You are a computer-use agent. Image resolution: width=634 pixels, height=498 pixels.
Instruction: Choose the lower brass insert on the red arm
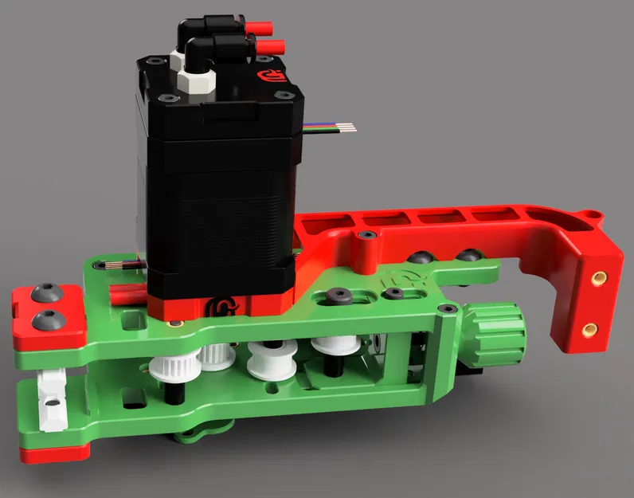(589, 328)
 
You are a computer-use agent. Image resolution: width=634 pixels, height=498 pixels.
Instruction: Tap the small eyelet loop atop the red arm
(591, 214)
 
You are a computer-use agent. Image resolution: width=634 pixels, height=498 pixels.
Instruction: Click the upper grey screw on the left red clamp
(44, 294)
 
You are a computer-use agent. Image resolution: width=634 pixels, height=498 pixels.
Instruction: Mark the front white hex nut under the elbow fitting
(193, 83)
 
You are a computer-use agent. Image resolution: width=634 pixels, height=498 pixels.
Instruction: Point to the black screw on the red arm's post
(366, 237)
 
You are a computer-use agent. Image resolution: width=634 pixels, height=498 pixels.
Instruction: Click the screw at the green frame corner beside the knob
(444, 308)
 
